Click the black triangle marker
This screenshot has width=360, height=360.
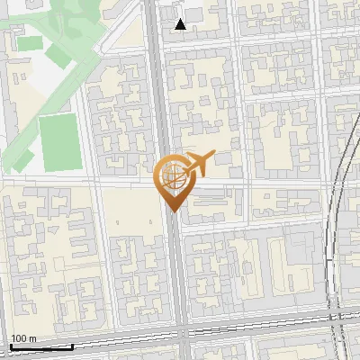(x=181, y=24)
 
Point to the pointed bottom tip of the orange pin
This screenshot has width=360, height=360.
(x=172, y=211)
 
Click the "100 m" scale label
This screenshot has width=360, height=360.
(x=24, y=339)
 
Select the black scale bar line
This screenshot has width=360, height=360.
(x=40, y=346)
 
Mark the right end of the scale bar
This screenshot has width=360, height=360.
(x=72, y=346)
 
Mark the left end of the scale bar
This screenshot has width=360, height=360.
(x=10, y=346)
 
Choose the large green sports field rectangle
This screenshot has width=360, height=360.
(x=59, y=142)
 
